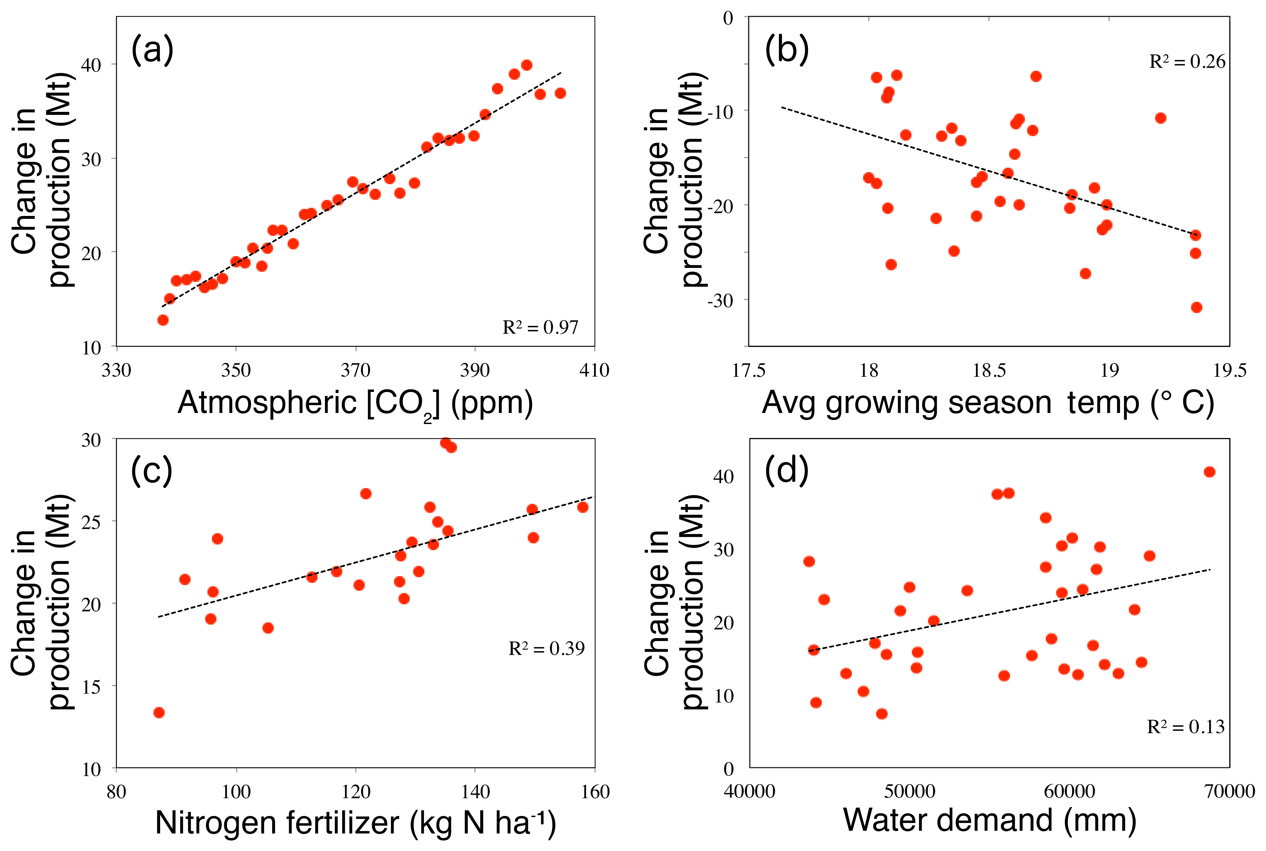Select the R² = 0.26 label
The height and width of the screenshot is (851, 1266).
click(x=1187, y=62)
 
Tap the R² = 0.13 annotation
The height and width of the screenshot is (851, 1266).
click(x=1186, y=727)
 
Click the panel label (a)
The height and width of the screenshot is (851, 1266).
click(x=152, y=50)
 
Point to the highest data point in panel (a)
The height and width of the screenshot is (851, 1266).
click(x=526, y=65)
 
